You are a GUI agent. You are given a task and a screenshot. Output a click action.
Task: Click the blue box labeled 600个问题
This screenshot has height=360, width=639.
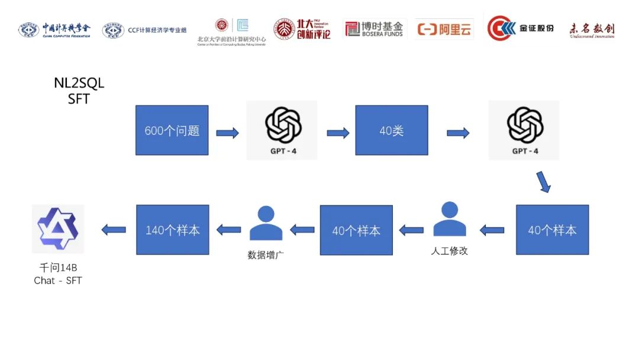pyautogui.click(x=172, y=130)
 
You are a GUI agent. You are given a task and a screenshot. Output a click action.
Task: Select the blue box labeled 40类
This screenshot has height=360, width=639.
pyautogui.click(x=391, y=130)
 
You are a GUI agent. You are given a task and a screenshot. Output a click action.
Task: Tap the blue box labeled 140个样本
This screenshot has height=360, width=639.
pyautogui.click(x=173, y=230)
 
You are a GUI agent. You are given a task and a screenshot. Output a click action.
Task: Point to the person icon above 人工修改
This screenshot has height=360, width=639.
pyautogui.click(x=450, y=220)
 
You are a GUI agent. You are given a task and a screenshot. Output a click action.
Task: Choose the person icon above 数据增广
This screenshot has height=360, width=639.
pyautogui.click(x=266, y=223)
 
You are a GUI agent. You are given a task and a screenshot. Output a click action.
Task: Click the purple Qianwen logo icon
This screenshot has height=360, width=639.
pyautogui.click(x=58, y=229)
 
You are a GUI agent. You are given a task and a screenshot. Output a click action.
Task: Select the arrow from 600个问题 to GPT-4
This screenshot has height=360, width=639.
pyautogui.click(x=227, y=133)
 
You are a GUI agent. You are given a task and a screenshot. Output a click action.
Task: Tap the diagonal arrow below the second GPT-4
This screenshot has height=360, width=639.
pyautogui.click(x=543, y=182)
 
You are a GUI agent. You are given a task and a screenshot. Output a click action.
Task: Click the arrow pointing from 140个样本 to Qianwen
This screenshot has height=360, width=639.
pyautogui.click(x=114, y=230)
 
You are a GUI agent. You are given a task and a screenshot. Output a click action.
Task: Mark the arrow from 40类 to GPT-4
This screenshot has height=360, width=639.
pyautogui.click(x=458, y=133)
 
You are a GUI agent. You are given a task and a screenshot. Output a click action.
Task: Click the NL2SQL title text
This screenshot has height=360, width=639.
pyautogui.click(x=79, y=83)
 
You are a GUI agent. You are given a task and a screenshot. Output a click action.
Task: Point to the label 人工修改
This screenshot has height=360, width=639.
pyautogui.click(x=450, y=250)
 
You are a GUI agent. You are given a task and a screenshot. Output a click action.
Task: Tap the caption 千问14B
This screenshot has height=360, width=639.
pyautogui.click(x=58, y=268)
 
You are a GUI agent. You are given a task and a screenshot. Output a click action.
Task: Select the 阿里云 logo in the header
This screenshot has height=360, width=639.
pyautogui.click(x=444, y=29)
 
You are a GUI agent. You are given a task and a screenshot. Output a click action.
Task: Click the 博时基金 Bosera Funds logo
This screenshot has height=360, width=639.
pyautogui.click(x=374, y=28)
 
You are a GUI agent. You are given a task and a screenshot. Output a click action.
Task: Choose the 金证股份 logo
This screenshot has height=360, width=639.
pyautogui.click(x=520, y=28)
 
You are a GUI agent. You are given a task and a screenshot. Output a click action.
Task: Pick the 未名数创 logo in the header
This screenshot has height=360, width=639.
pyautogui.click(x=592, y=29)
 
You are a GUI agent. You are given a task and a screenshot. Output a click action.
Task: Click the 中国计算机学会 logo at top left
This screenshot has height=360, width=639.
pyautogui.click(x=54, y=29)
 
